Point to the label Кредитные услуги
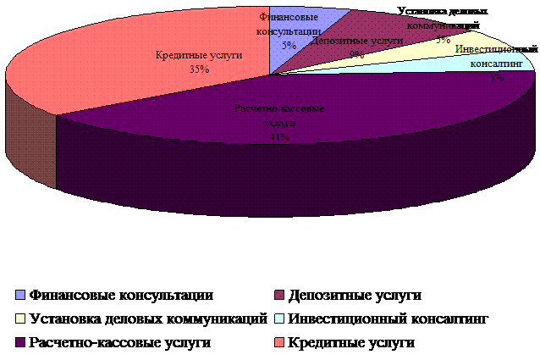pyautogui.click(x=199, y=55)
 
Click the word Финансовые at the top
pyautogui.click(x=289, y=17)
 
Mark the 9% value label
pyautogui.click(x=356, y=54)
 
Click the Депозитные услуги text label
pyautogui.click(x=356, y=41)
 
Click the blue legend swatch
pyautogui.click(x=21, y=296)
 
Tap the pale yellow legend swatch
pyautogui.click(x=21, y=319)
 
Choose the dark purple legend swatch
pyautogui.click(x=21, y=343)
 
